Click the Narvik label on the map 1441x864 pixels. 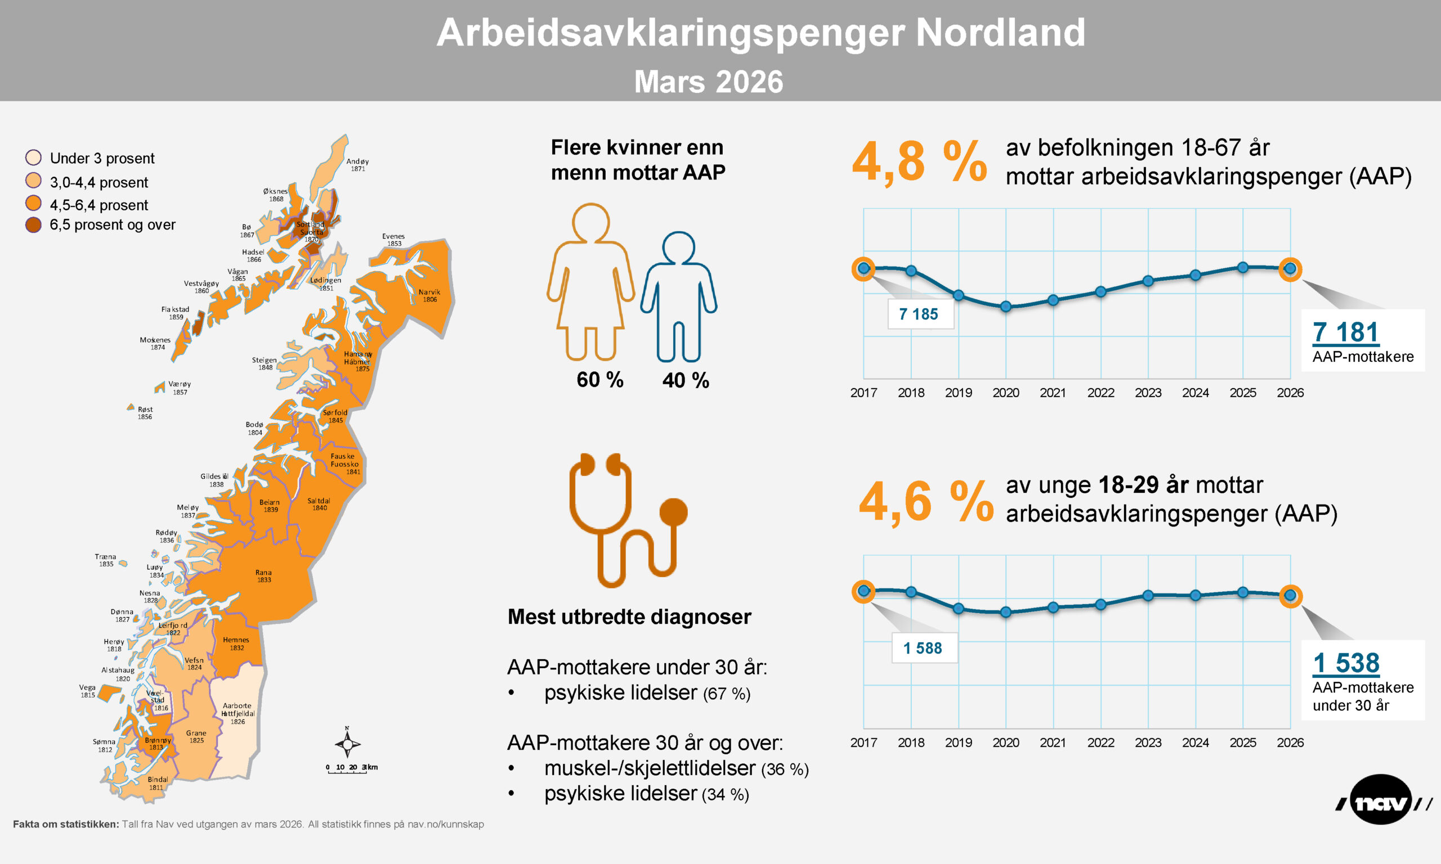(429, 296)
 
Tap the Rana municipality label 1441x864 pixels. (263, 576)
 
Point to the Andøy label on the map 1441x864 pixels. (357, 165)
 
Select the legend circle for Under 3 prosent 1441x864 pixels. (34, 157)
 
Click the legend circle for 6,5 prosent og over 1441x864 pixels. (34, 225)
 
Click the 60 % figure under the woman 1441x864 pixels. (600, 380)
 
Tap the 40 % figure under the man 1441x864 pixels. (686, 381)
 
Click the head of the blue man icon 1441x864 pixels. (678, 247)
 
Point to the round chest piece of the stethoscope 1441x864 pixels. (673, 512)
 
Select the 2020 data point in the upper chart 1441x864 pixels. (1006, 306)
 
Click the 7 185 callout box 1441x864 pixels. (920, 314)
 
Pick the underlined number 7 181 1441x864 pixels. (1346, 332)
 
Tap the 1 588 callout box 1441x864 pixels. (924, 648)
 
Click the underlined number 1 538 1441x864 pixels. (1346, 663)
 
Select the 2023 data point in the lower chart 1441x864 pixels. (1148, 596)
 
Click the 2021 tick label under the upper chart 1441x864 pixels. (1053, 393)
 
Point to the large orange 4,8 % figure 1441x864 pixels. (919, 162)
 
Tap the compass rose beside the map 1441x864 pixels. (347, 744)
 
